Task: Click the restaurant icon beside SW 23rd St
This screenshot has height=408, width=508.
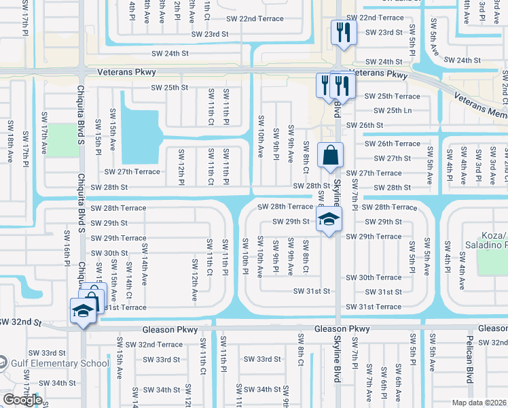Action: [342, 31]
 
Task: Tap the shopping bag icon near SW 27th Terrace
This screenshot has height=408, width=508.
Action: [330, 154]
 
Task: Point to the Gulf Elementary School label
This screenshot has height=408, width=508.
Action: [60, 363]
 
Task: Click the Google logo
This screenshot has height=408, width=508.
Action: [22, 400]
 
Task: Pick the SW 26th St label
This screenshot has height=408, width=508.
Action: [365, 125]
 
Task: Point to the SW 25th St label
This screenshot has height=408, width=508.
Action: [169, 88]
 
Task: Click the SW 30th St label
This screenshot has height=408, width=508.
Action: [109, 253]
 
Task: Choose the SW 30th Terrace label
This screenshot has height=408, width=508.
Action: [374, 277]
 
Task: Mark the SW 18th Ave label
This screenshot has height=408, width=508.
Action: [10, 141]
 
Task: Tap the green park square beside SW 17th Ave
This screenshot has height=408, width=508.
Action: [65, 139]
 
